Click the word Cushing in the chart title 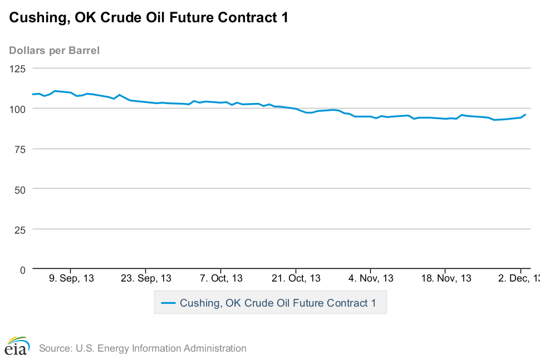tap(35, 18)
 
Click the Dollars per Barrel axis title tap(55, 51)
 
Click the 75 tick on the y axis tap(21, 149)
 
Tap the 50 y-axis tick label tap(21, 189)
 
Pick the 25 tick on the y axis tap(21, 229)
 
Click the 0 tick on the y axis tap(23, 270)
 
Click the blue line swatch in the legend tap(168, 303)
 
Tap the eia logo tap(17, 347)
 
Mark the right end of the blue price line tap(525, 115)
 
